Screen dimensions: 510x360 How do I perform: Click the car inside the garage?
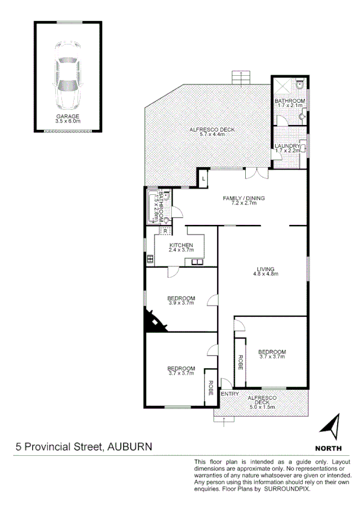coord(67,74)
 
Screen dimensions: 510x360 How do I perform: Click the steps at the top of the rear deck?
coord(240,78)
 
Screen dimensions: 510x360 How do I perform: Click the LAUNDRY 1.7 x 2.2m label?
coord(287,147)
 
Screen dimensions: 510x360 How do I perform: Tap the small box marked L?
coord(204,179)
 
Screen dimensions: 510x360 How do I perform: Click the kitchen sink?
coord(197,262)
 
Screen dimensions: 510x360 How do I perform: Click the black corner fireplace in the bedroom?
coord(153,322)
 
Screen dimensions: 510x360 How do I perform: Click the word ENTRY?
coord(230,395)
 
